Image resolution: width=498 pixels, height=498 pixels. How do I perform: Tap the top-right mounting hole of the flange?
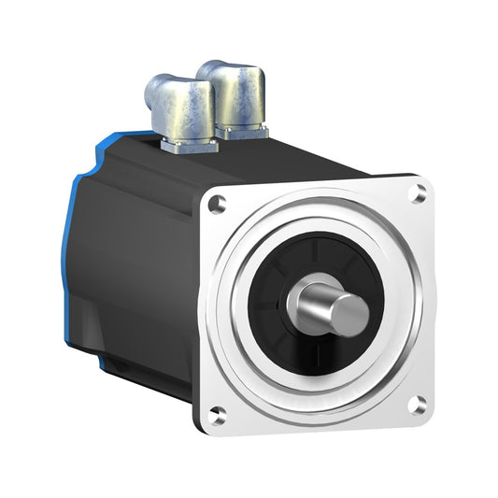pos(419,193)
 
